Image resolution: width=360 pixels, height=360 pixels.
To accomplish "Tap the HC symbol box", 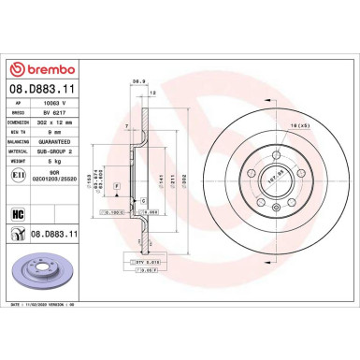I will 18,214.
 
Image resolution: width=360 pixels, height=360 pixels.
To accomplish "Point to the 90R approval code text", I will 53,171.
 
